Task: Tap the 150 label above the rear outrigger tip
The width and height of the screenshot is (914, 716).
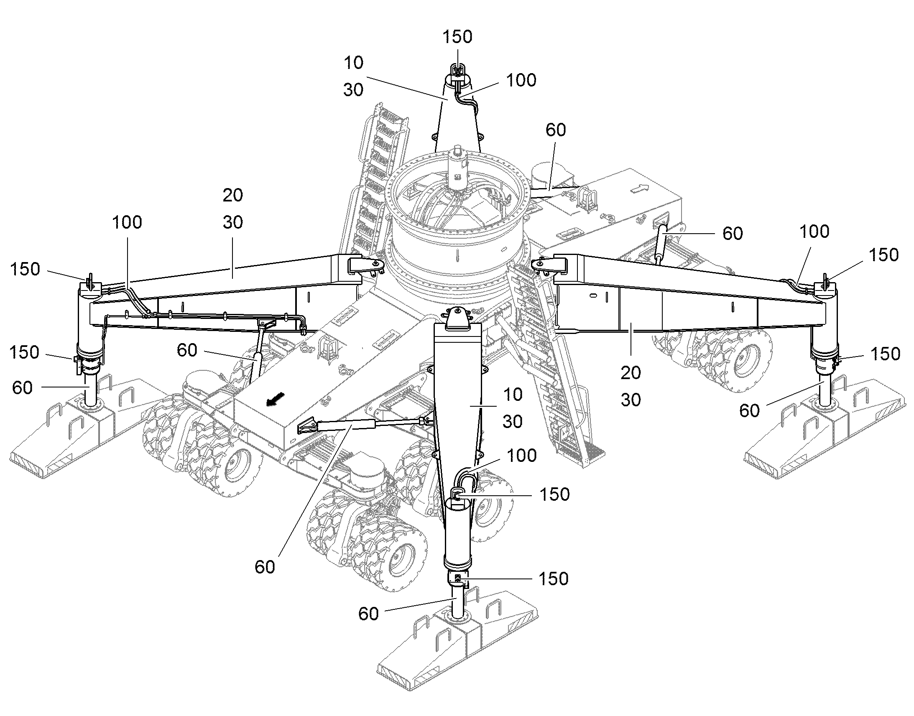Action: (x=457, y=37)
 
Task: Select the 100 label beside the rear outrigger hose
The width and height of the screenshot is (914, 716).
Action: (x=521, y=80)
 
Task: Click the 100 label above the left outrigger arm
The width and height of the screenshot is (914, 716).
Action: (x=127, y=222)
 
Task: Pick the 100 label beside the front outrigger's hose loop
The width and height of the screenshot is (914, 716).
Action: (x=521, y=456)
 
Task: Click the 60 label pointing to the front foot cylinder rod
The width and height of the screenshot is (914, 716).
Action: (x=368, y=614)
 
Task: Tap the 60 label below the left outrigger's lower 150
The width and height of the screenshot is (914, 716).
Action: (x=22, y=388)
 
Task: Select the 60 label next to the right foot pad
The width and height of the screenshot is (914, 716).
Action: (x=749, y=411)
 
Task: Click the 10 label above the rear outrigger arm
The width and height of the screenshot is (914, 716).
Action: (x=353, y=63)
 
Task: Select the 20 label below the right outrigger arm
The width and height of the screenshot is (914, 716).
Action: (x=631, y=373)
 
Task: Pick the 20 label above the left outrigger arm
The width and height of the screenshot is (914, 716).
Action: (x=233, y=195)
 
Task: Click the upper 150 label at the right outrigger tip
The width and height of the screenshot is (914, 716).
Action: (x=883, y=255)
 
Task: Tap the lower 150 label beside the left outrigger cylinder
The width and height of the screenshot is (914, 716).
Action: (x=25, y=352)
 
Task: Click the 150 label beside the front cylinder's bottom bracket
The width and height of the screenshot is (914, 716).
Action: (x=554, y=579)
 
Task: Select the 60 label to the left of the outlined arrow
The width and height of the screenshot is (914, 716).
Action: (x=556, y=130)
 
